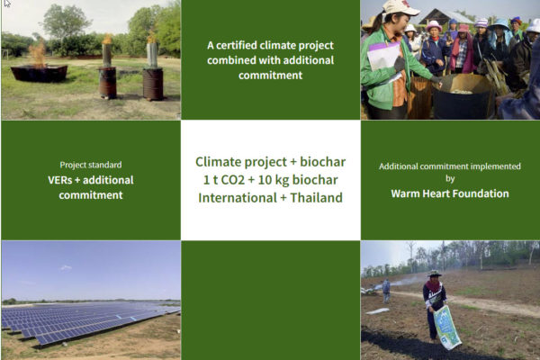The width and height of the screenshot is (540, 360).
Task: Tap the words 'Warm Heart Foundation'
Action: (450, 193)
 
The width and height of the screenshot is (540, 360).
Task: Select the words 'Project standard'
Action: (91, 165)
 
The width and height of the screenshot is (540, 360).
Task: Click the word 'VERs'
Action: (60, 180)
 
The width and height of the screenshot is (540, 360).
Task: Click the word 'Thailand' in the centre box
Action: (316, 198)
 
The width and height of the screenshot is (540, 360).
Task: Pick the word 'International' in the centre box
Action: (238, 198)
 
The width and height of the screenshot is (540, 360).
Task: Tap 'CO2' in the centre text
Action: (232, 180)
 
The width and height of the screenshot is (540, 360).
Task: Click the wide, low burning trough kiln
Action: (40, 73)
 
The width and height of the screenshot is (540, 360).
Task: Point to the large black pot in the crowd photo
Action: (461, 97)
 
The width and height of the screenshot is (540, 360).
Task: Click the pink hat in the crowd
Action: (434, 26)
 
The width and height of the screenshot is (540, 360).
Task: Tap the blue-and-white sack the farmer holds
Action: (447, 328)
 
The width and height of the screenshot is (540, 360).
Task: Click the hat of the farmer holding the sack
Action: (435, 274)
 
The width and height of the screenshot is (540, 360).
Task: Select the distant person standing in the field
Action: (386, 291)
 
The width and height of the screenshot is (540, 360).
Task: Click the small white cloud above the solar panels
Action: (66, 267)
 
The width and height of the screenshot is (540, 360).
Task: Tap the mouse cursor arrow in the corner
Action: (7, 3)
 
